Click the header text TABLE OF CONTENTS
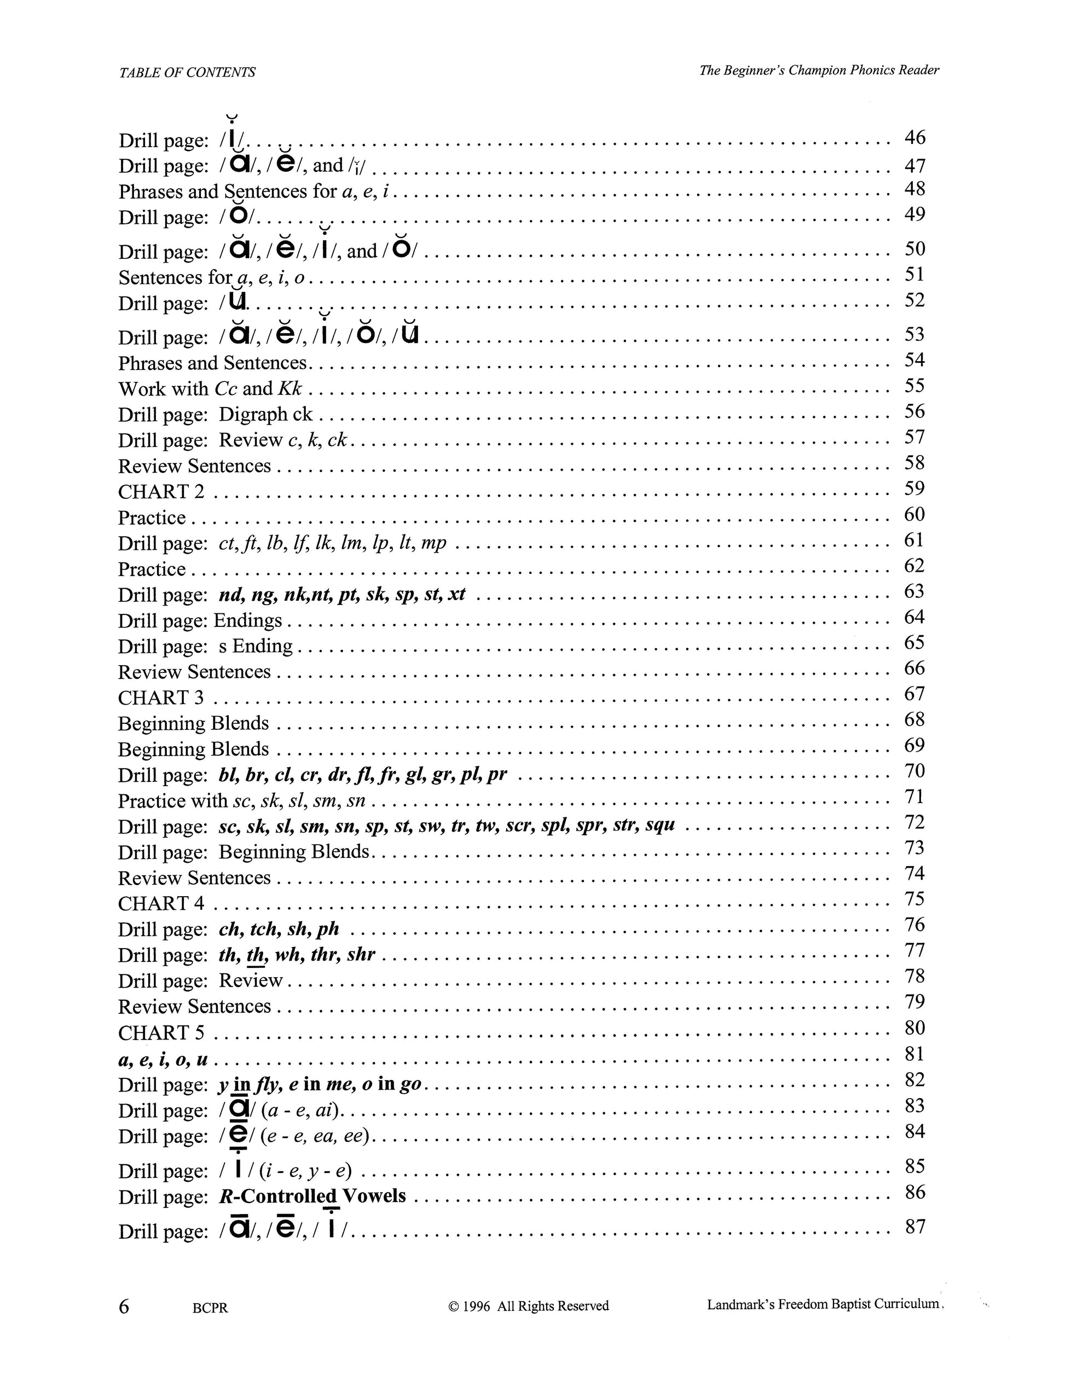tap(187, 72)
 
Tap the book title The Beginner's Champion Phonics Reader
tap(819, 70)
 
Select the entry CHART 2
tap(161, 491)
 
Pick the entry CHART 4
tap(161, 903)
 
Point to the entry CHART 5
tap(161, 1032)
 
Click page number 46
tap(914, 137)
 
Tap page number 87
tap(915, 1227)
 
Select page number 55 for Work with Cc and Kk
tap(914, 386)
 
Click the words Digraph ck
tap(265, 414)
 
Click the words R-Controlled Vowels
tap(312, 1196)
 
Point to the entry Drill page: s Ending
tap(205, 646)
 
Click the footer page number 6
tap(124, 1307)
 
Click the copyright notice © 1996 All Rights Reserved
tap(528, 1306)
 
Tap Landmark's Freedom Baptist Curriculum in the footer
tap(823, 1304)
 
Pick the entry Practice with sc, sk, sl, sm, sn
tap(241, 801)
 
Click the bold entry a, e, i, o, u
tap(163, 1059)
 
